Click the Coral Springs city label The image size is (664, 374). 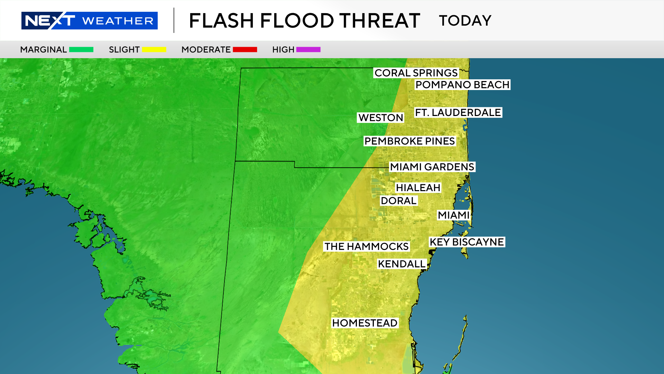(x=416, y=73)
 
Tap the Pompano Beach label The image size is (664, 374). (x=462, y=85)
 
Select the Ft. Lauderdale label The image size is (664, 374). (x=458, y=113)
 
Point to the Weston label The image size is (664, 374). (x=381, y=118)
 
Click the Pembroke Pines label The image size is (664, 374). (x=409, y=141)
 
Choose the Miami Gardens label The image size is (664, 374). (x=432, y=167)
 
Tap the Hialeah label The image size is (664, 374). (x=418, y=188)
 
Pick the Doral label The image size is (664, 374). (x=398, y=201)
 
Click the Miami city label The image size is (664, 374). (x=453, y=215)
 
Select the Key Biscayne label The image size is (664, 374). (x=467, y=242)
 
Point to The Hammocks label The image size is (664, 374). (x=367, y=247)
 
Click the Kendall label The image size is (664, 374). (x=402, y=264)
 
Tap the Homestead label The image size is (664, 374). (x=365, y=323)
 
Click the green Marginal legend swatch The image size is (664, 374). (x=81, y=50)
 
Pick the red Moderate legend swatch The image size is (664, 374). (x=245, y=50)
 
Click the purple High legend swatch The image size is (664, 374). (x=308, y=50)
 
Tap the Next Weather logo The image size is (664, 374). (x=90, y=21)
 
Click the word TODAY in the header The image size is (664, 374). (x=465, y=21)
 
